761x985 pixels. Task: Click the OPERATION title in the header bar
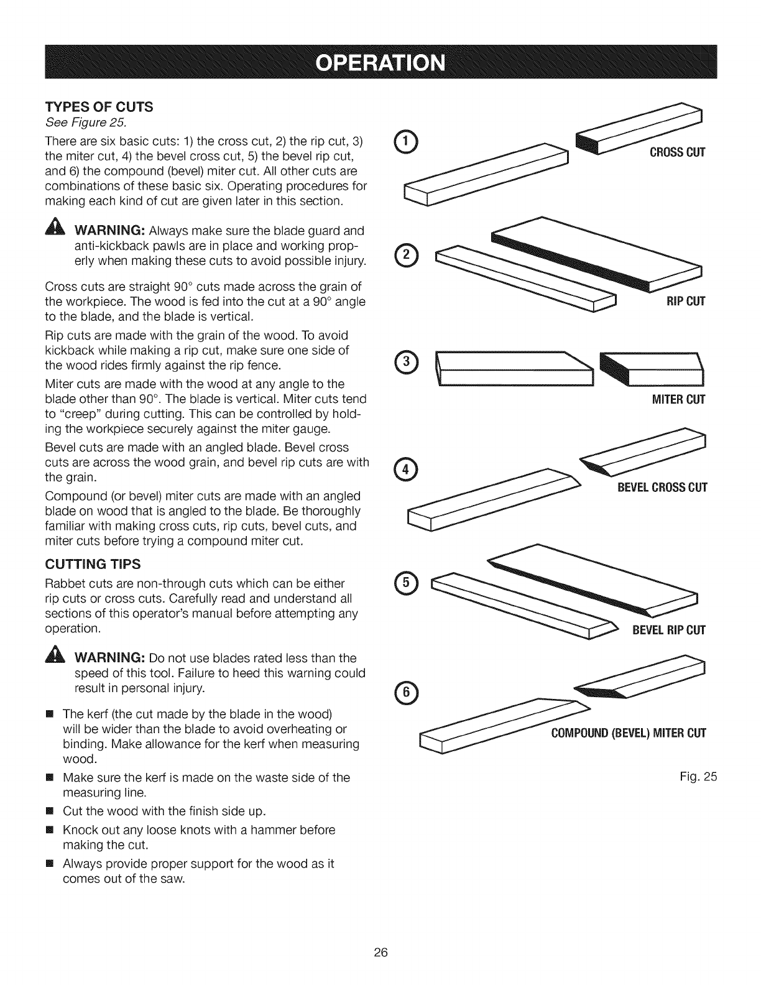click(x=380, y=63)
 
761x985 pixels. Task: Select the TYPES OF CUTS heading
click(x=99, y=106)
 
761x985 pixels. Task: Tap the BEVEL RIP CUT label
click(x=669, y=631)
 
